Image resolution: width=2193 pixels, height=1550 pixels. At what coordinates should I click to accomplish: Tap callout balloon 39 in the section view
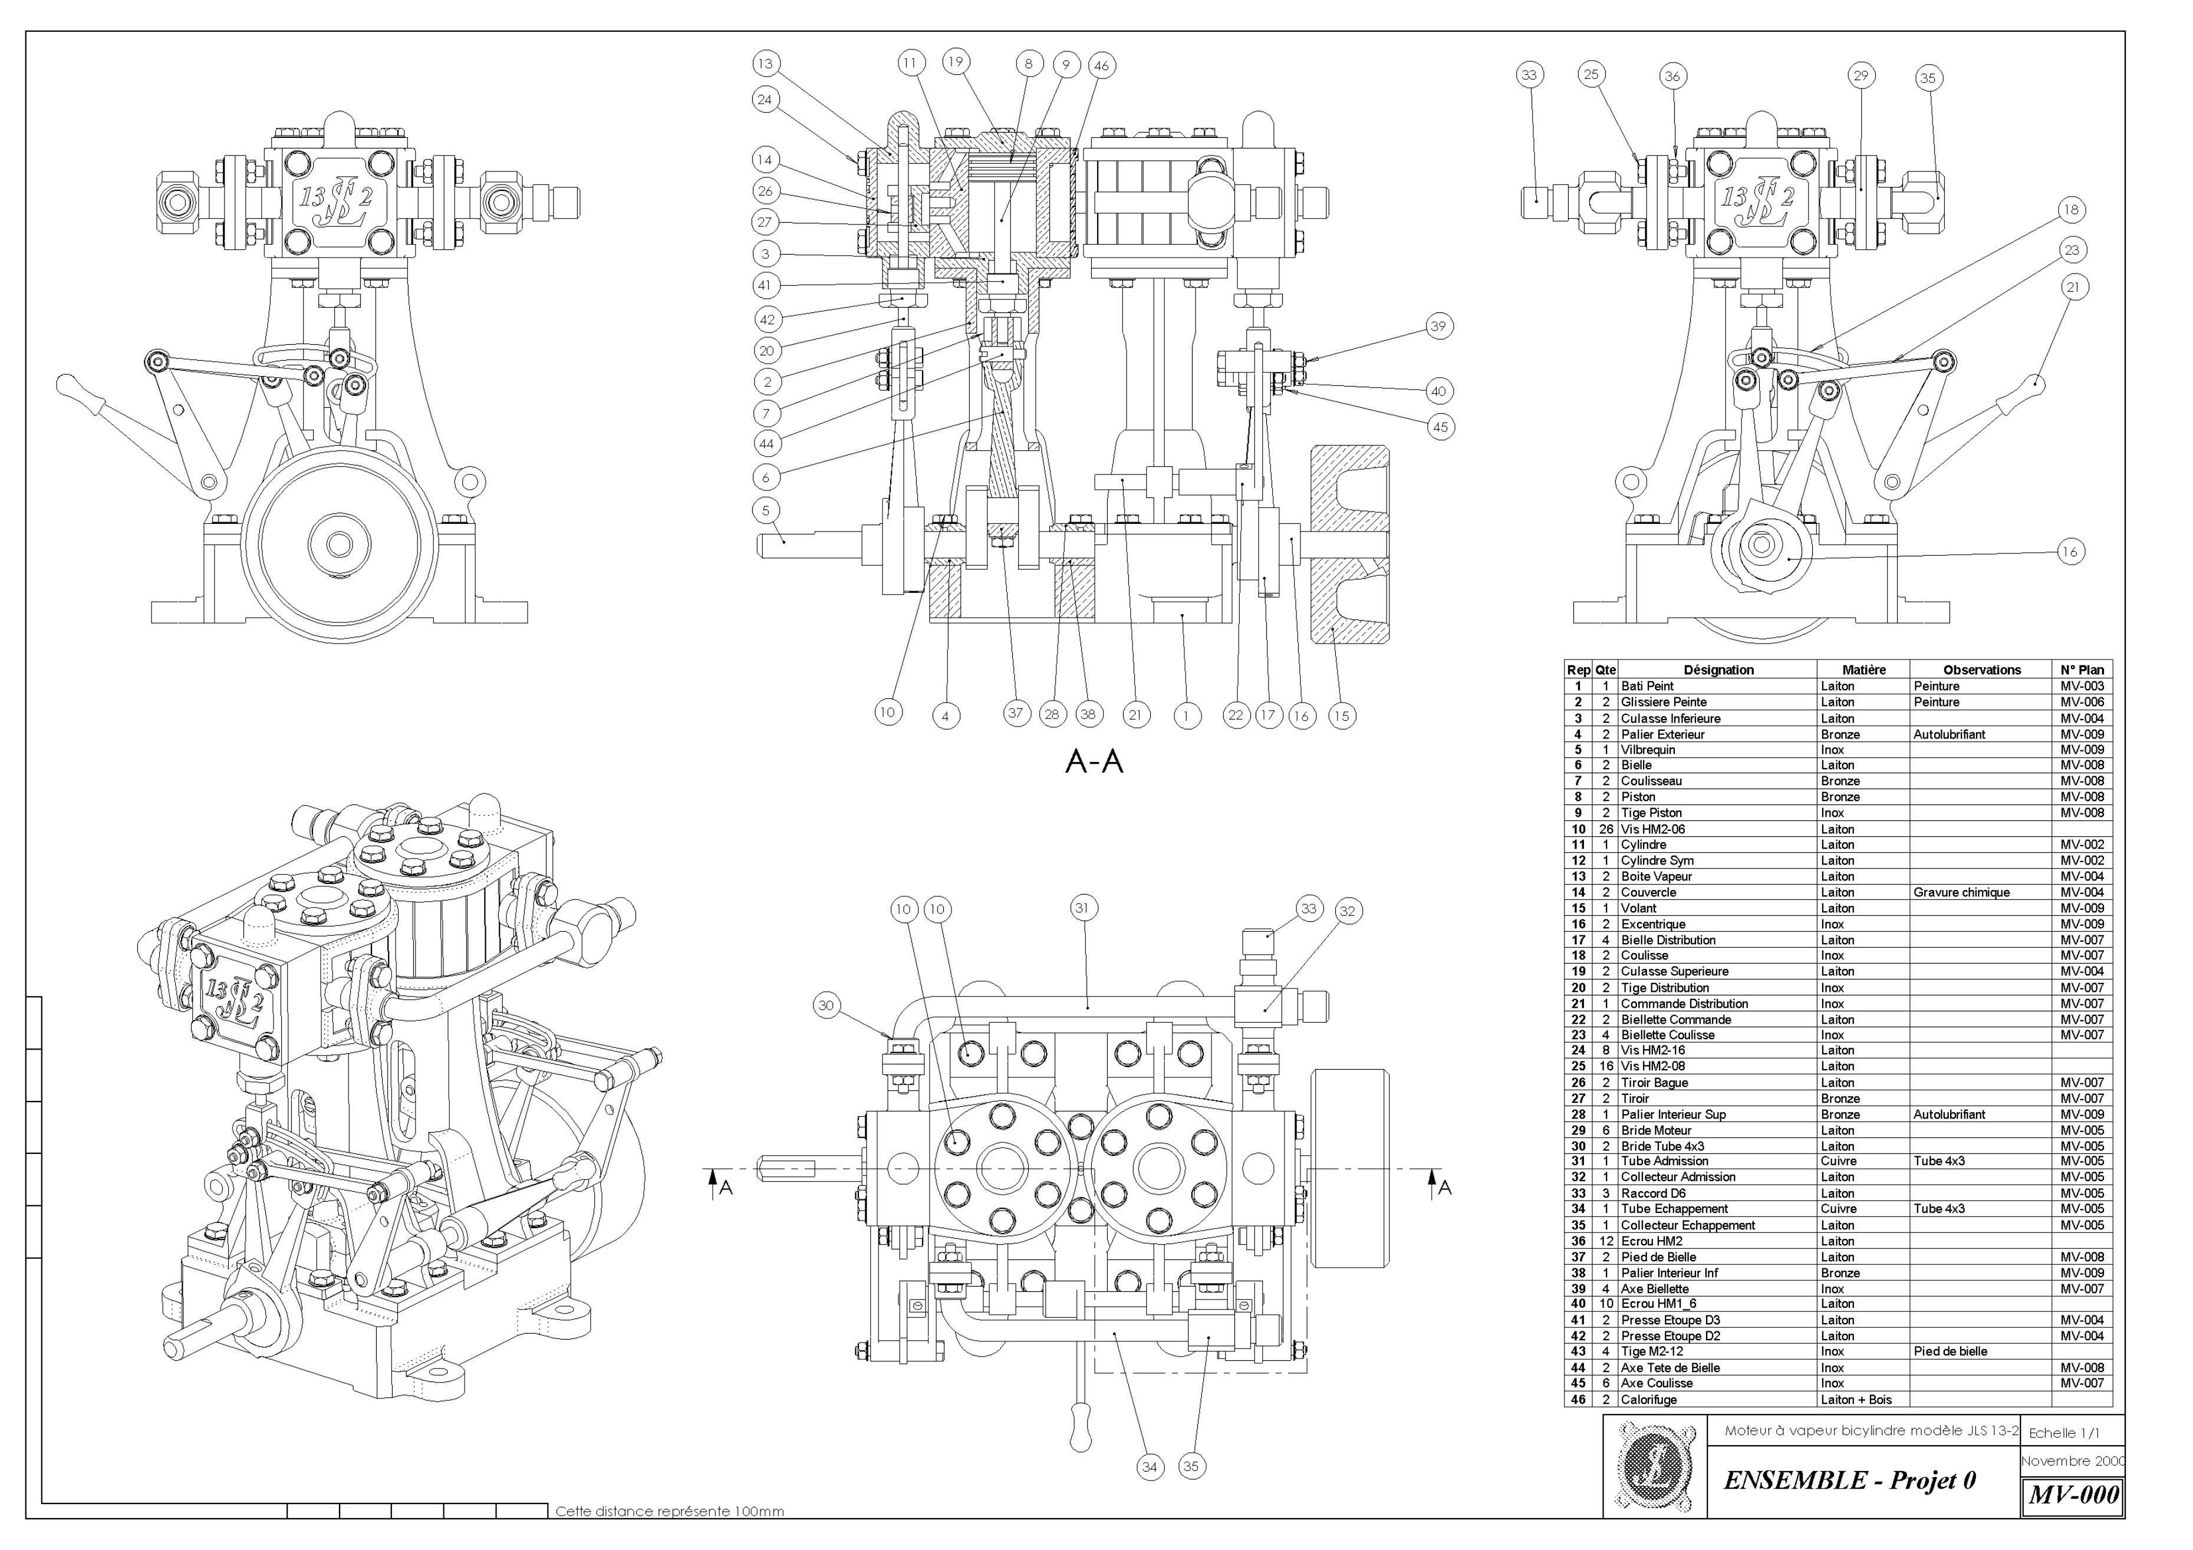coord(1438,326)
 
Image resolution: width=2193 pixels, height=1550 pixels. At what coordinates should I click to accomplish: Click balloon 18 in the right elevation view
coord(2071,210)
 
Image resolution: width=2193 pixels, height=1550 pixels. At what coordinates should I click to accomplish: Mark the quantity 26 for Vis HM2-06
coord(1606,829)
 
